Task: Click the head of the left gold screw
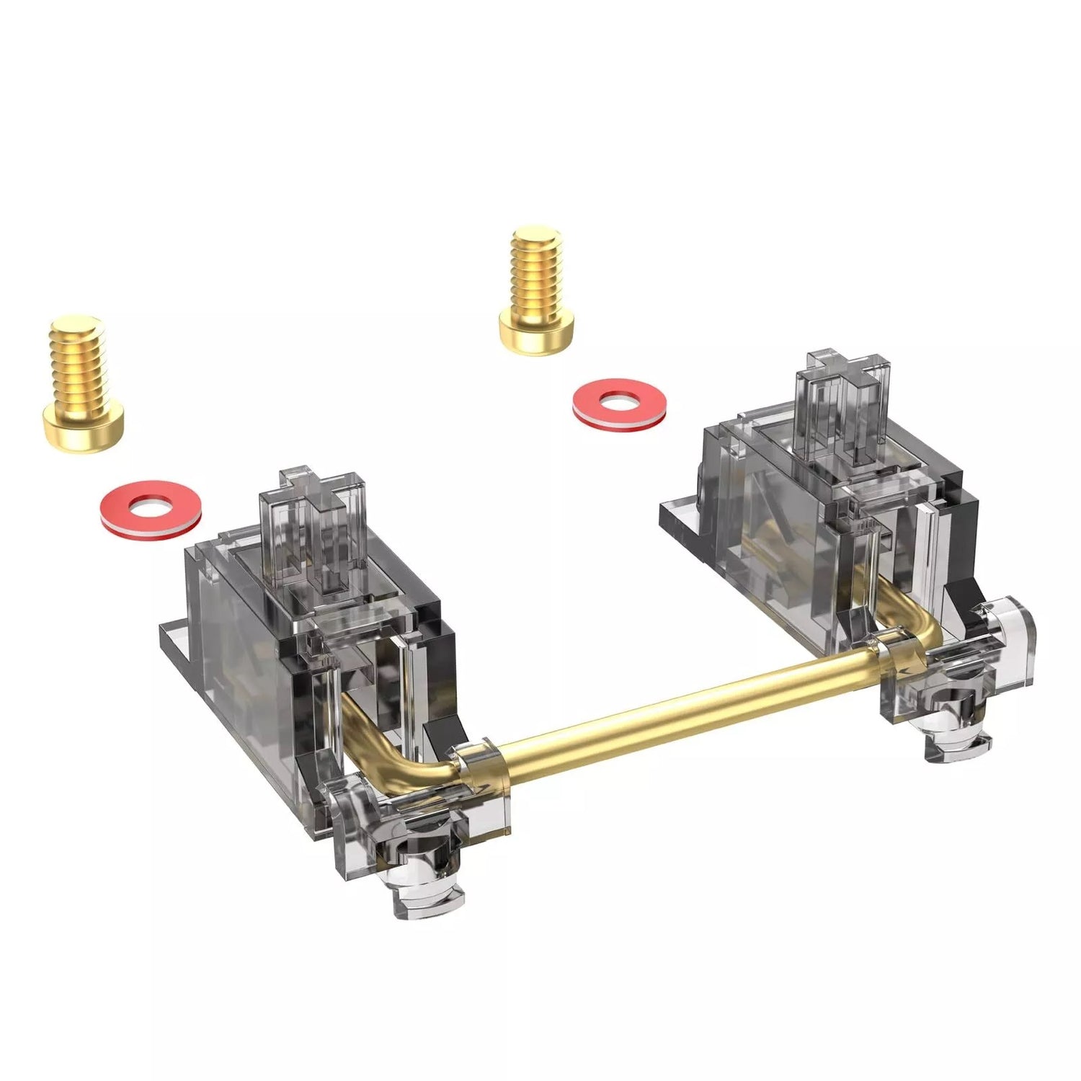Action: [84, 429]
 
